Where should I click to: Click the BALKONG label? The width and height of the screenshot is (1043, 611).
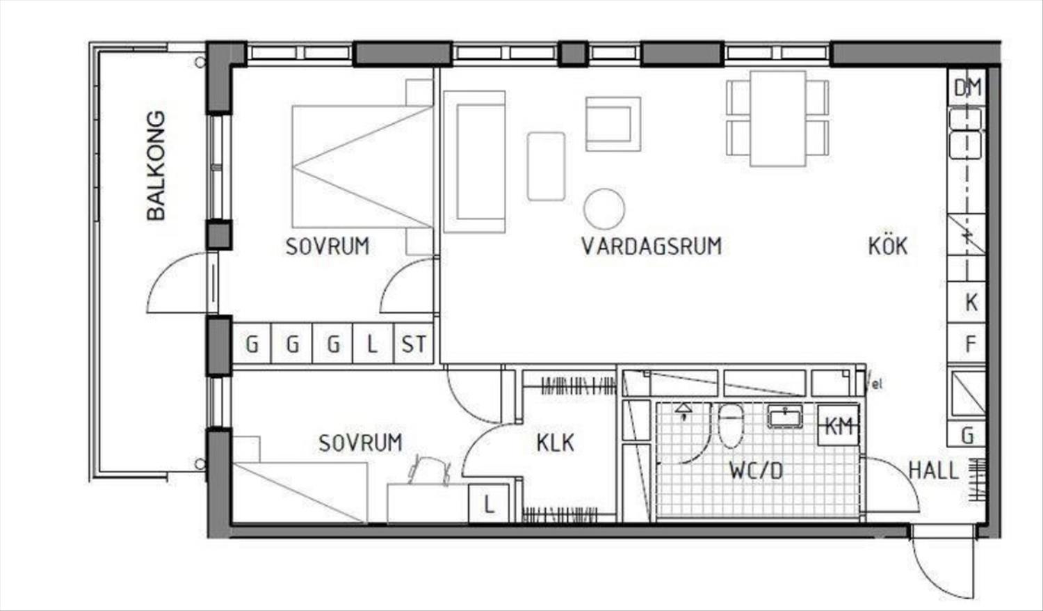[x=156, y=166]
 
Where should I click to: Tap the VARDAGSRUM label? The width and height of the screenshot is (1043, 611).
[x=652, y=246]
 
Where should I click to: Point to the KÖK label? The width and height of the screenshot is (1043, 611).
[x=888, y=246]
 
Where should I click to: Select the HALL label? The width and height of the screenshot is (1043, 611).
[x=934, y=470]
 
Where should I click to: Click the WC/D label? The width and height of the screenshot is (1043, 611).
[x=757, y=470]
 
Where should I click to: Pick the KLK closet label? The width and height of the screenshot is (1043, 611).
[x=555, y=443]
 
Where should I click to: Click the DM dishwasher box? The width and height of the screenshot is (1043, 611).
[x=967, y=87]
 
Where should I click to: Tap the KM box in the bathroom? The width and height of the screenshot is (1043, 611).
[x=838, y=425]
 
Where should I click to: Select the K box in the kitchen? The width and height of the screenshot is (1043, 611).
[x=967, y=303]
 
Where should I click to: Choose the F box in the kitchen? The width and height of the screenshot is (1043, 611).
[x=967, y=344]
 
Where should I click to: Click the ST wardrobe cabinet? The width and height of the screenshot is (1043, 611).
[x=414, y=344]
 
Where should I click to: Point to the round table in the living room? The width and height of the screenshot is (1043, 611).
[x=604, y=209]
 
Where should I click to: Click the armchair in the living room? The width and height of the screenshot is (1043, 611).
[x=613, y=124]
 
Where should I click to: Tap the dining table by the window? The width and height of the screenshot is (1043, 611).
[x=777, y=118]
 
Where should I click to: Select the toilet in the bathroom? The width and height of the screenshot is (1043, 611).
[x=731, y=426]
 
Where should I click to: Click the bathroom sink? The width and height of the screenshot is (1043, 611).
[x=784, y=417]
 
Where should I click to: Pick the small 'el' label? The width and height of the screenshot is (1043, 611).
[x=877, y=385]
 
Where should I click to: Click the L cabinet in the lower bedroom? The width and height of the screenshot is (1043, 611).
[x=488, y=504]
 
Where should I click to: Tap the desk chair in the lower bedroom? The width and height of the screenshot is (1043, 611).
[x=429, y=470]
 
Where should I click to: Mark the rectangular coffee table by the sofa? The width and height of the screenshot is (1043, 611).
[x=546, y=166]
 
